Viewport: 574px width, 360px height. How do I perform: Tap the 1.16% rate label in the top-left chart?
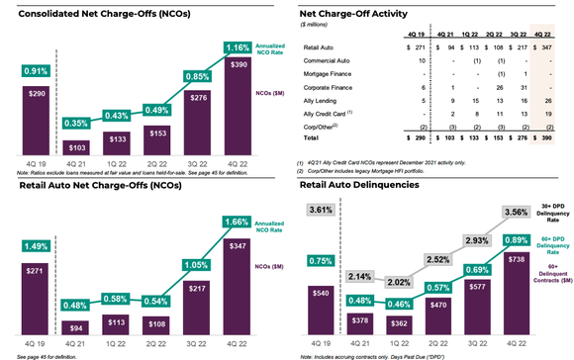(239, 46)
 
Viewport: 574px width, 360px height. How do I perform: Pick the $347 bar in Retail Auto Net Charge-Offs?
(239, 282)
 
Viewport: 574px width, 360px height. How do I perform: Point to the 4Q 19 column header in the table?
(393, 34)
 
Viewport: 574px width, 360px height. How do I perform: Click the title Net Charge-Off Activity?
(358, 12)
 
